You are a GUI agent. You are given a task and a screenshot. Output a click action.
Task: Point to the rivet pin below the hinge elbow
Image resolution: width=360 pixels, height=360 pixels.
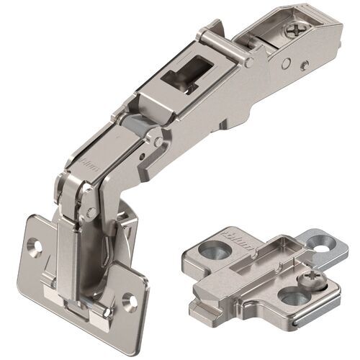click(x=91, y=211)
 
